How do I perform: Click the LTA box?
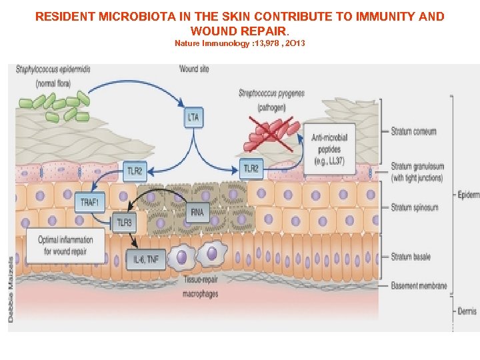[193, 118]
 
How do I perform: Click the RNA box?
[197, 212]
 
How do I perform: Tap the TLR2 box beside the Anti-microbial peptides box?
[251, 169]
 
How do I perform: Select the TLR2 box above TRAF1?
[134, 171]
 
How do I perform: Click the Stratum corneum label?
[414, 131]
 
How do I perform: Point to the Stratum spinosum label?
[415, 207]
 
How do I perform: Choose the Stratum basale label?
[411, 257]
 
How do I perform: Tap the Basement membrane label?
[419, 286]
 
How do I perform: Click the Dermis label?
[467, 311]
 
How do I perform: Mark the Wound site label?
[194, 69]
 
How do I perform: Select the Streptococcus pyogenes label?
[271, 93]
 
